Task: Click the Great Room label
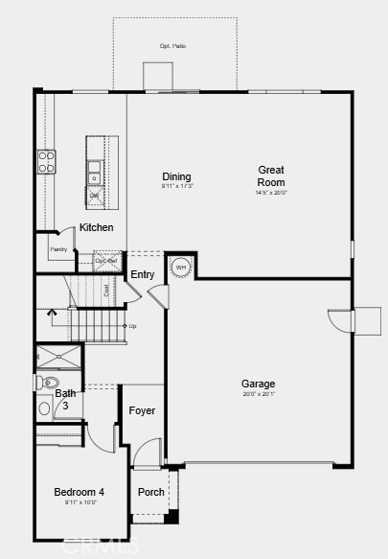pyautogui.click(x=271, y=175)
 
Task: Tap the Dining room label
pyautogui.click(x=176, y=176)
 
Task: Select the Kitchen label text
pyautogui.click(x=97, y=227)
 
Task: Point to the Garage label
pyautogui.click(x=258, y=384)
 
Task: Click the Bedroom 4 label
pyautogui.click(x=80, y=492)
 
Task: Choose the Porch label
pyautogui.click(x=151, y=492)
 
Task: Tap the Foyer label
pyautogui.click(x=143, y=410)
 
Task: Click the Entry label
pyautogui.click(x=143, y=274)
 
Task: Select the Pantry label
pyautogui.click(x=58, y=249)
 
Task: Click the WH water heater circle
pyautogui.click(x=181, y=267)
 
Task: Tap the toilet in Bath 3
pyautogui.click(x=48, y=383)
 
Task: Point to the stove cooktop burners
pyautogui.click(x=46, y=161)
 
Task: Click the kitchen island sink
pyautogui.click(x=94, y=172)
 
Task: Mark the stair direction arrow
pyautogui.click(x=52, y=314)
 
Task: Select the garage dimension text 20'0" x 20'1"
pyautogui.click(x=258, y=393)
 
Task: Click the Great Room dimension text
pyautogui.click(x=271, y=193)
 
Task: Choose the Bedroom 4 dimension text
pyautogui.click(x=80, y=501)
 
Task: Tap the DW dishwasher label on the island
pyautogui.click(x=94, y=196)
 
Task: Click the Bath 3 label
pyautogui.click(x=65, y=399)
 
